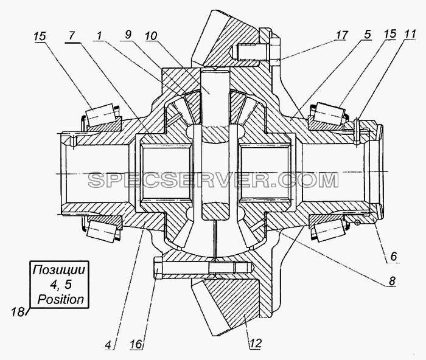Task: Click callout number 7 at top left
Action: pos(71,36)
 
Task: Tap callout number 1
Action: pos(99,35)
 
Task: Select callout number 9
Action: pos(128,35)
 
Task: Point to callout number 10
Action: pos(152,35)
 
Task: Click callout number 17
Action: pos(341,35)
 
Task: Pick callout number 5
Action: pos(368,35)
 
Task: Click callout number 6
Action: pos(394,256)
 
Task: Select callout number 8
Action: pos(391,281)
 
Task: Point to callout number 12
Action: pos(256,344)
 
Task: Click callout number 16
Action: pos(136,345)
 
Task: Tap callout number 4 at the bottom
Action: pos(108,345)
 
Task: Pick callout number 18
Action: pos(18,312)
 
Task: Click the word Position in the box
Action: pos(60,299)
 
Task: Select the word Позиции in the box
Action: pos(59,270)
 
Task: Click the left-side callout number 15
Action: pos(40,36)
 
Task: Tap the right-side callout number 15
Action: pos(389,34)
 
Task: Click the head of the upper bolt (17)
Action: pos(275,51)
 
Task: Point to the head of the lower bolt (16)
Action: pos(158,268)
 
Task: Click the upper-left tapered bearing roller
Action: pos(99,115)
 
